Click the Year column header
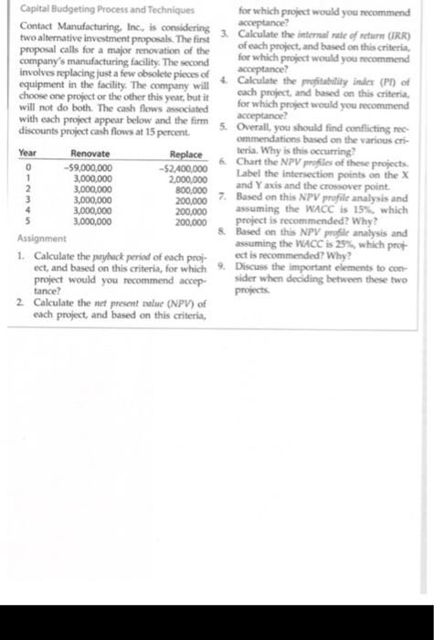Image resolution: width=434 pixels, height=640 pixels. [28, 155]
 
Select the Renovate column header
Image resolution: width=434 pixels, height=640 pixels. [90, 155]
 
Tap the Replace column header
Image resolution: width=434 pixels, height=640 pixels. [184, 155]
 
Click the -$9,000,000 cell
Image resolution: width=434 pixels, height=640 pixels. [88, 167]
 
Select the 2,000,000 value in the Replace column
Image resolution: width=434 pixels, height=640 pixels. [185, 179]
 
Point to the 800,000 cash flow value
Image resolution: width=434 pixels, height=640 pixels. [189, 191]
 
